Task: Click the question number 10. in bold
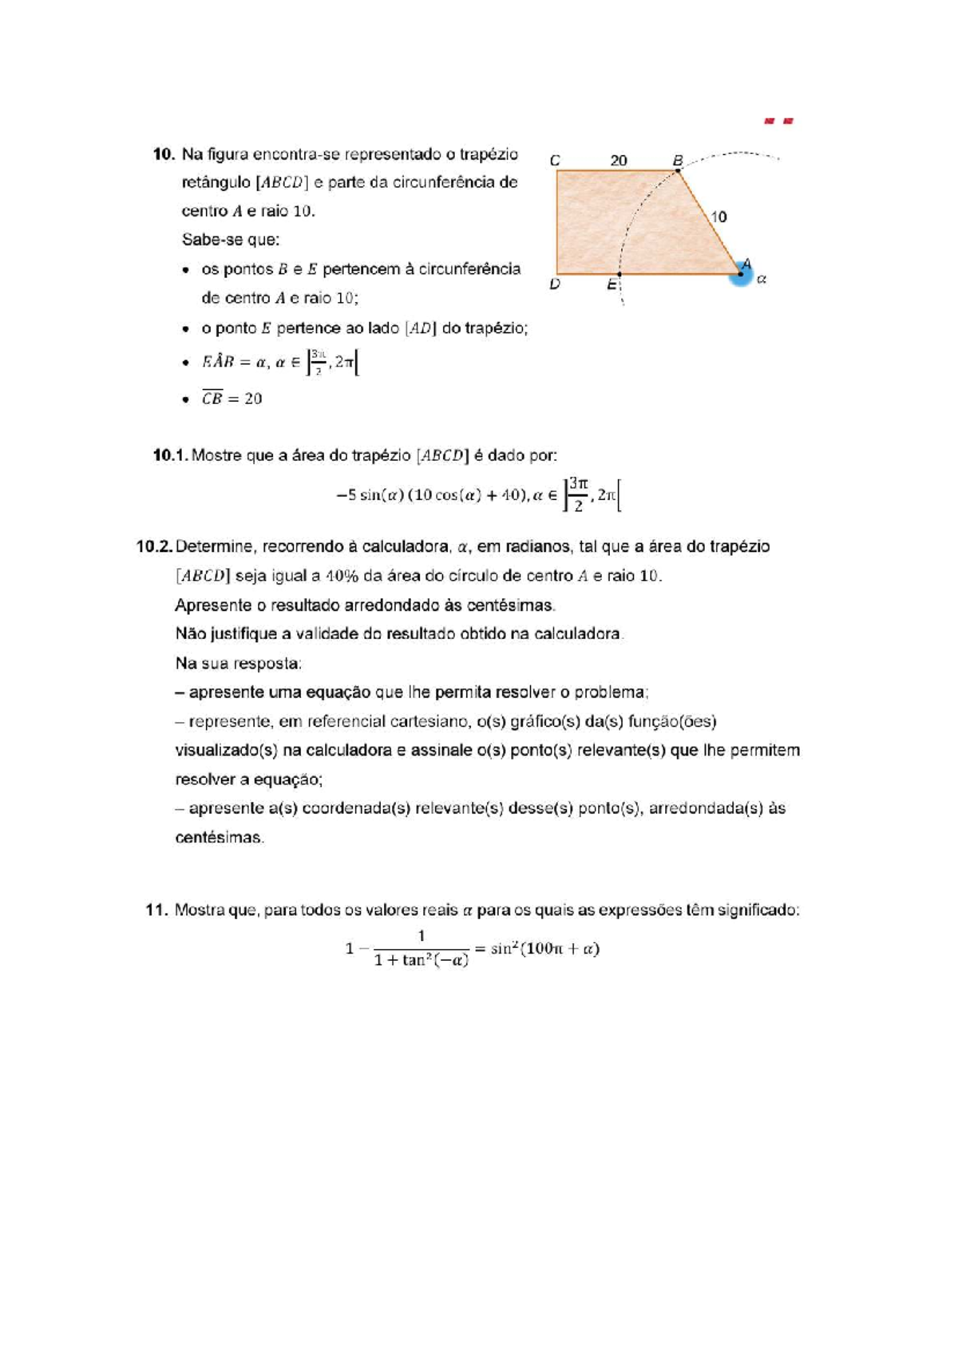(164, 153)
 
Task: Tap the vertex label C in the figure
(555, 161)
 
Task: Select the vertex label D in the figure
(555, 284)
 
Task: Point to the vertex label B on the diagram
(678, 161)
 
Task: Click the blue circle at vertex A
(741, 276)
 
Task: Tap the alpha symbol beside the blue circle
(762, 280)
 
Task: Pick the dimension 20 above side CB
(619, 161)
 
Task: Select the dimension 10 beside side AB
(718, 216)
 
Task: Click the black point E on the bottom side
(620, 274)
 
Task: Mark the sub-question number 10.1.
(169, 455)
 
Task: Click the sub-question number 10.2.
(154, 546)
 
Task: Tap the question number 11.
(156, 910)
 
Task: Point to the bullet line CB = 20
(232, 399)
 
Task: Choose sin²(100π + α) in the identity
(545, 949)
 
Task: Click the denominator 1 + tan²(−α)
(421, 961)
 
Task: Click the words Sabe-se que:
(231, 240)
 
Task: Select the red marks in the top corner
(779, 121)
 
